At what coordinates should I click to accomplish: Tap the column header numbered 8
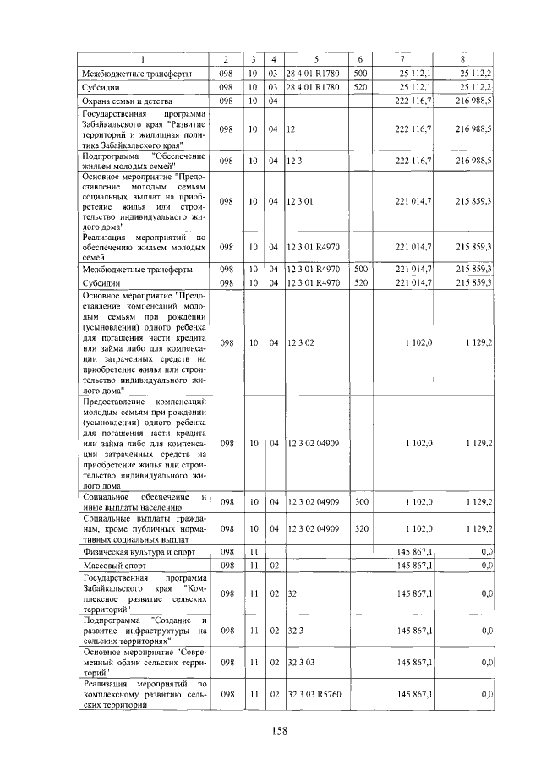tap(462, 59)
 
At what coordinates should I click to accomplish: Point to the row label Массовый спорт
tap(109, 565)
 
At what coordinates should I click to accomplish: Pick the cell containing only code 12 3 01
tap(300, 201)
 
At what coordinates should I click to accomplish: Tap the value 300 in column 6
tap(362, 502)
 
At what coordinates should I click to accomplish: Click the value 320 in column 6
tap(362, 528)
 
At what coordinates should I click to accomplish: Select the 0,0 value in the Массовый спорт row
tap(486, 565)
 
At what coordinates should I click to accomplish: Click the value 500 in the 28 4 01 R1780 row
tap(361, 74)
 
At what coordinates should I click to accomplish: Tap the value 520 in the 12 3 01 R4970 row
tap(361, 282)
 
